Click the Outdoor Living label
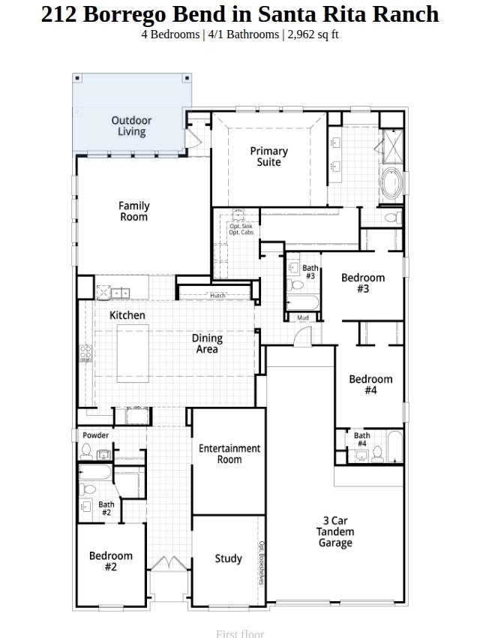(131, 126)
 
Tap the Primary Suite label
(268, 156)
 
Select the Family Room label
(134, 211)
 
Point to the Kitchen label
(127, 315)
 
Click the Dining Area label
(207, 344)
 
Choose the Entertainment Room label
(229, 453)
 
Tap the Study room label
(228, 558)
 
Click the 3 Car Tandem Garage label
(335, 531)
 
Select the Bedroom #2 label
(110, 561)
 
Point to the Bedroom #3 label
(363, 283)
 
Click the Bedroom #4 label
(370, 384)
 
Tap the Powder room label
(95, 435)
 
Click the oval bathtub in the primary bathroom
(391, 182)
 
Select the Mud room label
(303, 317)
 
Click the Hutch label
(217, 296)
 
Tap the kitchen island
(133, 351)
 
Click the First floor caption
(240, 633)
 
